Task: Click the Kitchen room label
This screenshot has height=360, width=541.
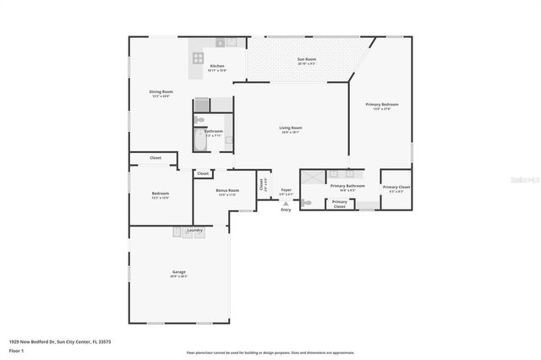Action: (x=217, y=66)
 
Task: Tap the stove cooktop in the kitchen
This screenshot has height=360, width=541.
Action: (x=198, y=58)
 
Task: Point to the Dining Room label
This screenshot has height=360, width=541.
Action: (x=161, y=91)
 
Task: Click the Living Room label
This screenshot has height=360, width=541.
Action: (x=291, y=128)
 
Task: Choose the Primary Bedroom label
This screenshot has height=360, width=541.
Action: (x=381, y=104)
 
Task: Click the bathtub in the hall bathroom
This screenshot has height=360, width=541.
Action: (x=200, y=139)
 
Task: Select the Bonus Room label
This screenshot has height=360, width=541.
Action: (x=227, y=191)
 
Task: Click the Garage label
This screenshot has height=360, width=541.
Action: (x=179, y=272)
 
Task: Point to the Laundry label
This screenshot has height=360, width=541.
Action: (x=194, y=230)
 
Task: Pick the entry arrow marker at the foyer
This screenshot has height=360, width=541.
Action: (x=286, y=204)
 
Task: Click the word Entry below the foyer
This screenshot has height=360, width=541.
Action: (x=286, y=210)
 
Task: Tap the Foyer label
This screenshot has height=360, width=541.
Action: (x=287, y=190)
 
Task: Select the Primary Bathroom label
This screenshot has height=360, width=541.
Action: (x=347, y=186)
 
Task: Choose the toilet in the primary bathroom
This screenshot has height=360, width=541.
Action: (x=307, y=203)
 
